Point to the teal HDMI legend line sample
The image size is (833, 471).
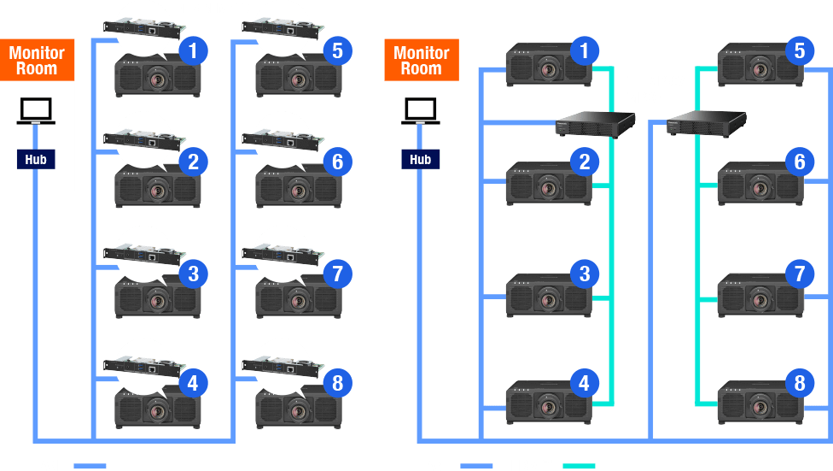click(578, 466)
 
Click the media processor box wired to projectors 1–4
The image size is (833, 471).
click(596, 126)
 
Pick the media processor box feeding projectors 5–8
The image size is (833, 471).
click(707, 124)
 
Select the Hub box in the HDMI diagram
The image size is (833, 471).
click(420, 159)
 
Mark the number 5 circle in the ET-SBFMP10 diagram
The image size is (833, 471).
click(338, 51)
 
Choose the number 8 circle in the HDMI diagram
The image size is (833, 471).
click(799, 383)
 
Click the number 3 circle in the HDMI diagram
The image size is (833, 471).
click(585, 274)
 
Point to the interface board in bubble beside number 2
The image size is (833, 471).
click(144, 138)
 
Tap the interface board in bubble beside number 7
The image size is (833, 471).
click(284, 251)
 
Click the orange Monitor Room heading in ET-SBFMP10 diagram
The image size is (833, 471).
click(37, 60)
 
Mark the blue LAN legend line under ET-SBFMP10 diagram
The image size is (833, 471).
click(90, 466)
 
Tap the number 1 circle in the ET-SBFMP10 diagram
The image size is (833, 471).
click(193, 51)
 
